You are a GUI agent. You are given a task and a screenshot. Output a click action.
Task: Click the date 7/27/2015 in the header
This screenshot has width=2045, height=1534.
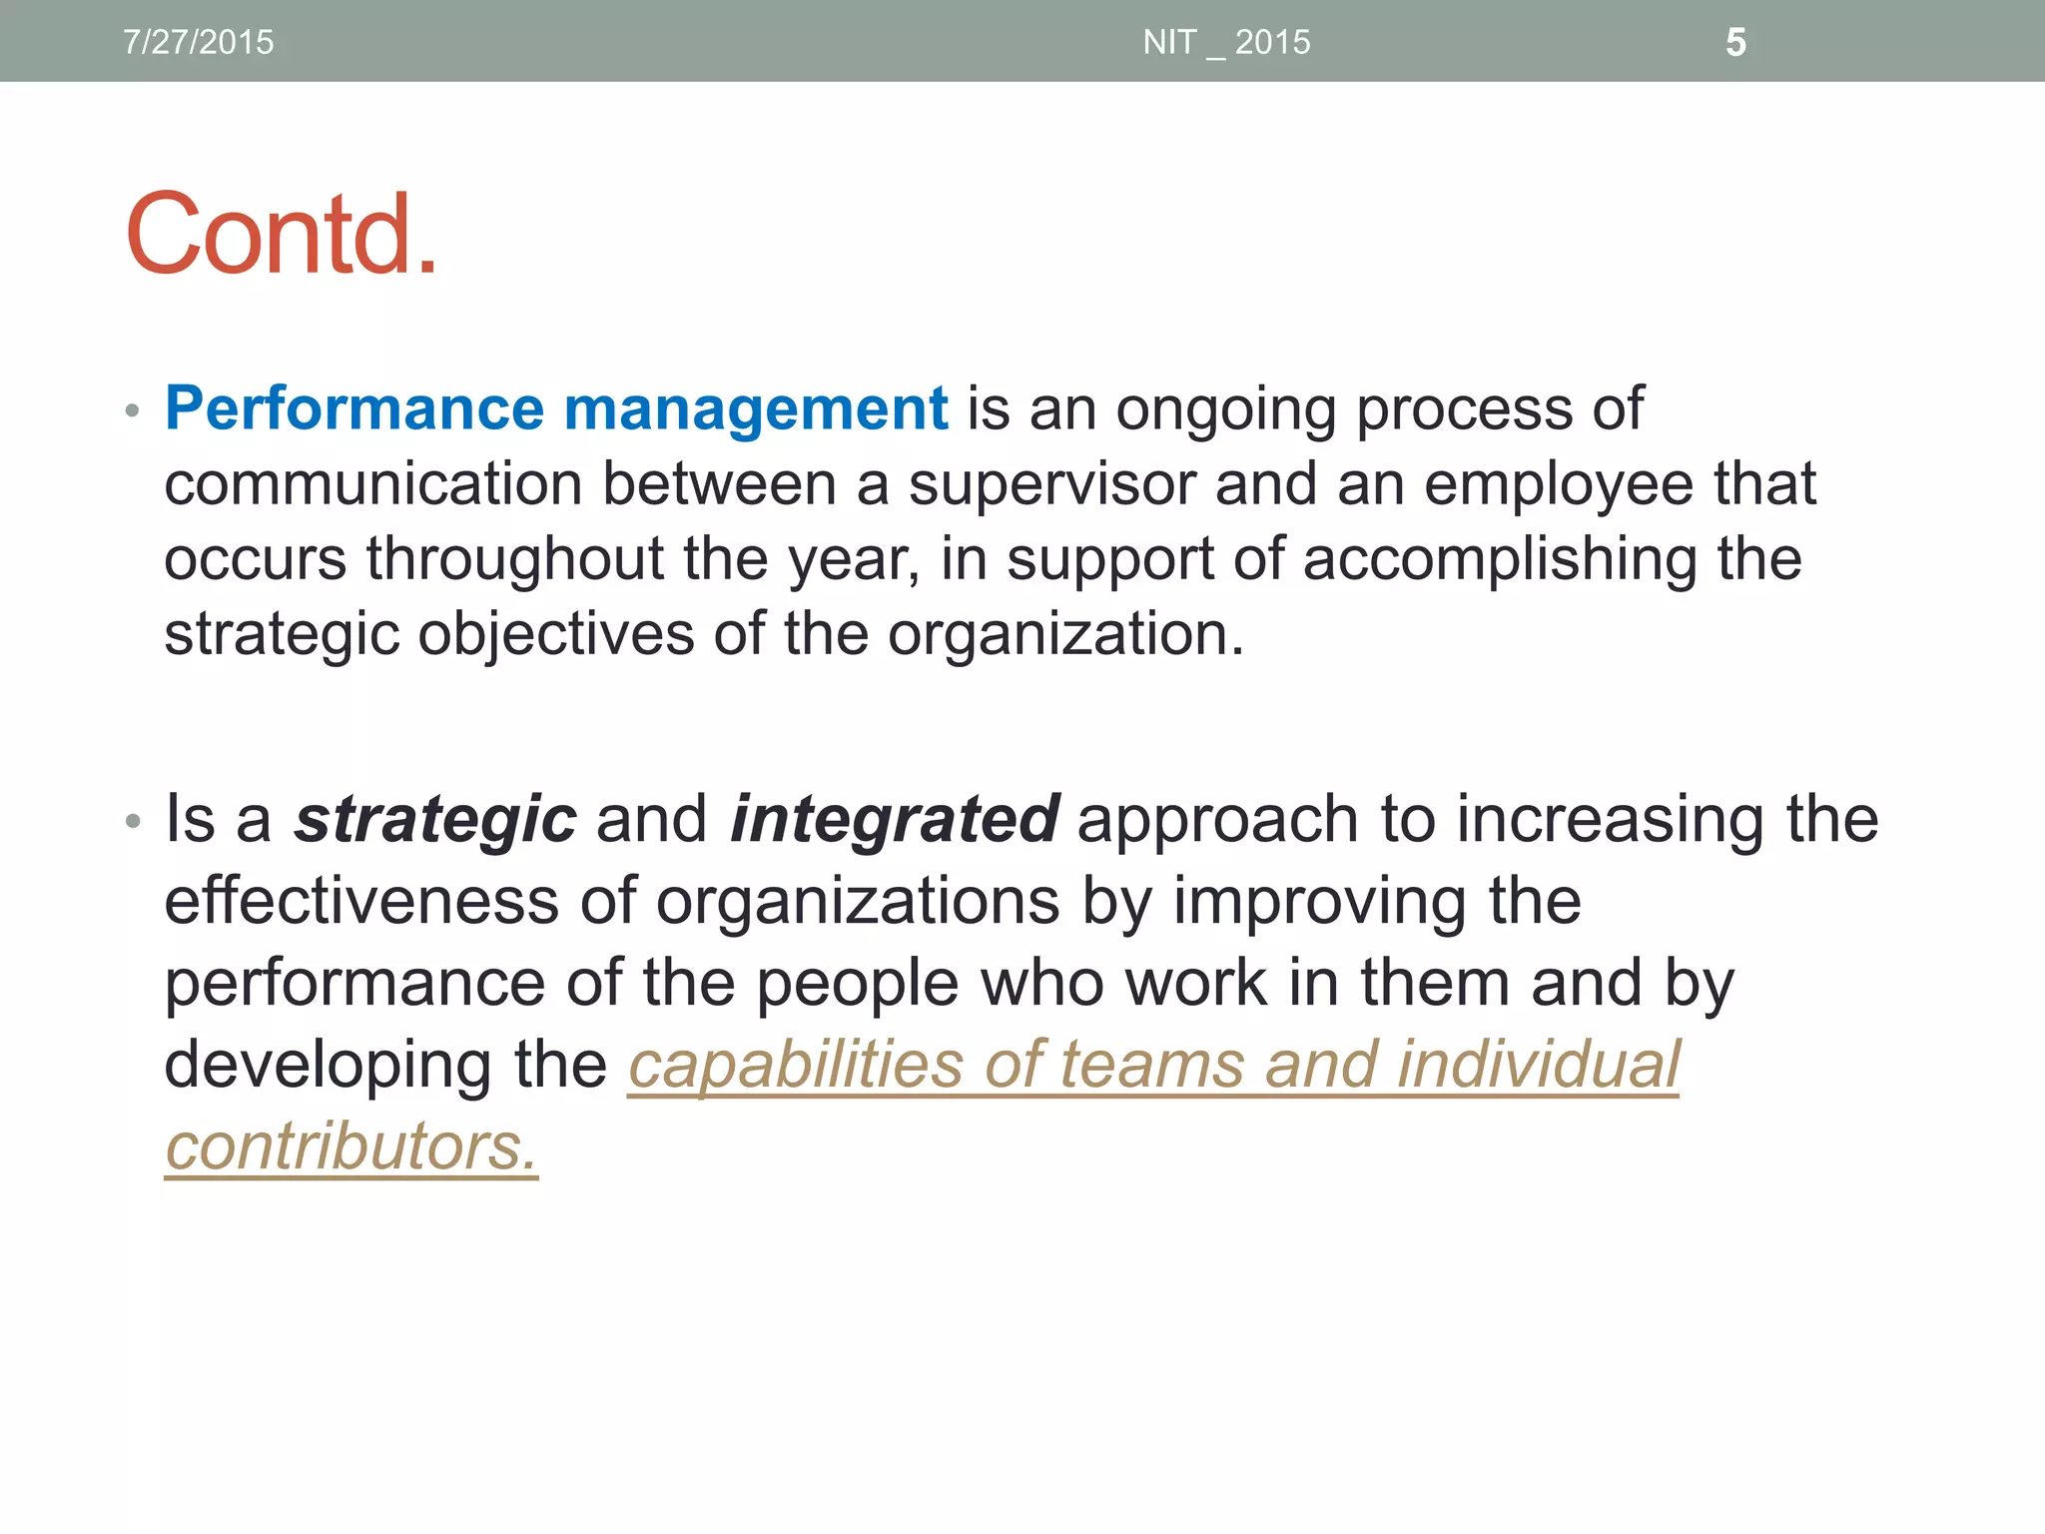(x=198, y=42)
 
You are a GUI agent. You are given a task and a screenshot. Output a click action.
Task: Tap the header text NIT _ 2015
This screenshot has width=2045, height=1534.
(x=1226, y=42)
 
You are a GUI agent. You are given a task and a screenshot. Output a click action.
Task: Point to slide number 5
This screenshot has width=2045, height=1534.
(x=1735, y=42)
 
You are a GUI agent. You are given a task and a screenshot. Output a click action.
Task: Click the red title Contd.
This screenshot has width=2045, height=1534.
(x=282, y=235)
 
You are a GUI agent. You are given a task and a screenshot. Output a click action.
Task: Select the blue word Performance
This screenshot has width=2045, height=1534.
(x=354, y=408)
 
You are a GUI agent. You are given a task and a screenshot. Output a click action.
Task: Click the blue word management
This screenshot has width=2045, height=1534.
(x=756, y=408)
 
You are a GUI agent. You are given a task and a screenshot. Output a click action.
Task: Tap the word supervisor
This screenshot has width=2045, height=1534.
(x=1050, y=484)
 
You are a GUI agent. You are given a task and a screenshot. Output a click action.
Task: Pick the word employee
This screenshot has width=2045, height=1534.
(x=1559, y=484)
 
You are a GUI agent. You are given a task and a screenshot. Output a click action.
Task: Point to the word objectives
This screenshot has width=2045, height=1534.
(x=555, y=634)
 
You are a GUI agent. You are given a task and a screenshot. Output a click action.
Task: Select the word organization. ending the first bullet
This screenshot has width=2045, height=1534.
(x=1065, y=634)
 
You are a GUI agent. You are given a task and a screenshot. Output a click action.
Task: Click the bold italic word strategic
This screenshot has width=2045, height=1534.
(x=435, y=819)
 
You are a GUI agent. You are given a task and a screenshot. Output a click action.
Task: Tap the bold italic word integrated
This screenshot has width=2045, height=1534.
(x=895, y=819)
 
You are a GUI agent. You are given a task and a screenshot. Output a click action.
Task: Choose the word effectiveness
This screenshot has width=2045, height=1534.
(x=362, y=901)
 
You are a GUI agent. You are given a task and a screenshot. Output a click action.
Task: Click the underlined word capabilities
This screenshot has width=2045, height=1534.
(x=796, y=1065)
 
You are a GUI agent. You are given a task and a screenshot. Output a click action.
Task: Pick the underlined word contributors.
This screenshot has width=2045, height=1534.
(x=350, y=1147)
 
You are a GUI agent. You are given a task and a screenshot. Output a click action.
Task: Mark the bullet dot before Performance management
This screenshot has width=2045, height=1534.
(x=132, y=410)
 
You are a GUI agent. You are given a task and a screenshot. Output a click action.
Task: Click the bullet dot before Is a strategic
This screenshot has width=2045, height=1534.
(x=132, y=822)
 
